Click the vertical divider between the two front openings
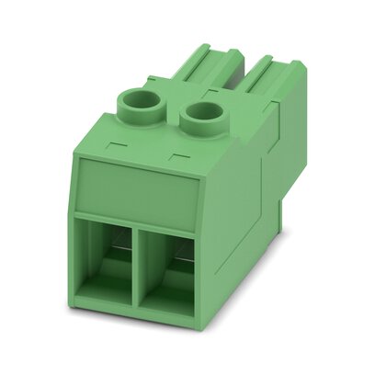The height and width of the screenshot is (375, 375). click(134, 272)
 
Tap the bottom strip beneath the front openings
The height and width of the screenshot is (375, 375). click(138, 317)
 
